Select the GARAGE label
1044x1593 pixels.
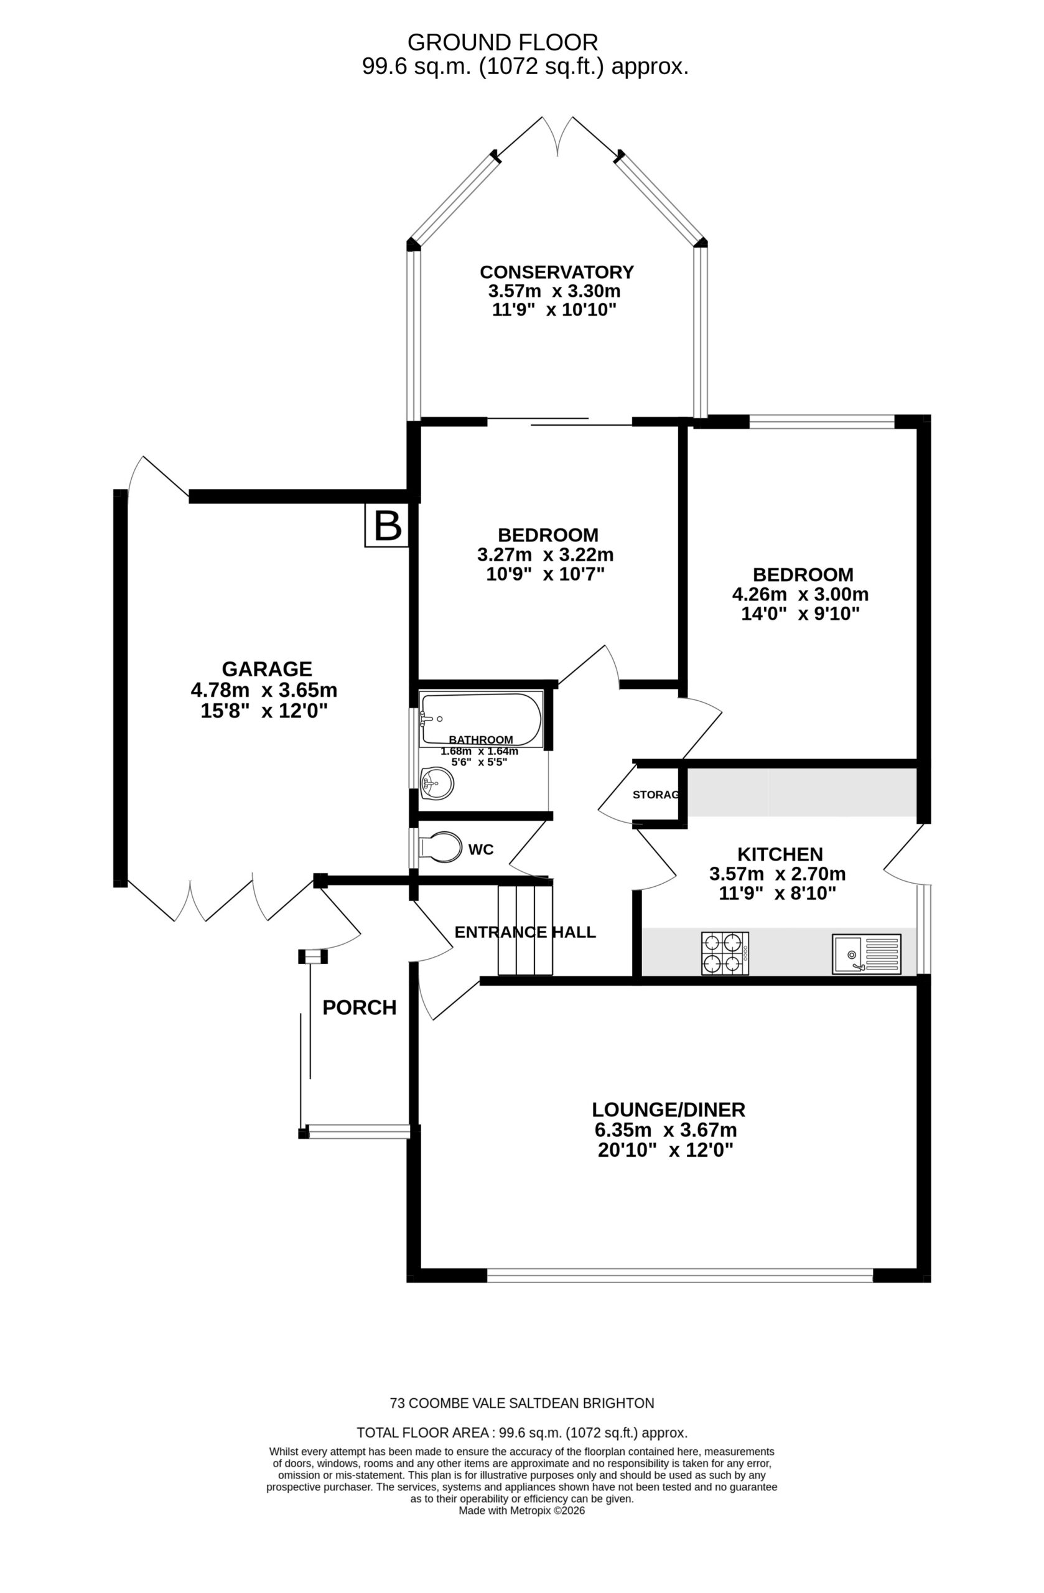coord(266,667)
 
